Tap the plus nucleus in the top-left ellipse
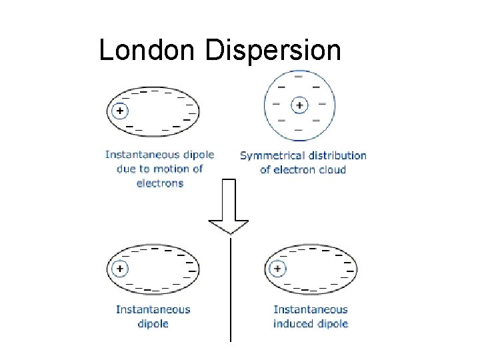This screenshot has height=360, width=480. pyautogui.click(x=120, y=110)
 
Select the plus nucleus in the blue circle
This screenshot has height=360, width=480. pyautogui.click(x=299, y=105)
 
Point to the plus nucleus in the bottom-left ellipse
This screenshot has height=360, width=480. pyautogui.click(x=120, y=269)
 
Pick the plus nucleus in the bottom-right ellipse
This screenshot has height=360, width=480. pyautogui.click(x=277, y=269)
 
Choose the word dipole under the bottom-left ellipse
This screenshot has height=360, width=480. pyautogui.click(x=153, y=323)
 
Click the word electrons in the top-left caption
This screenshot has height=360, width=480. pyautogui.click(x=159, y=183)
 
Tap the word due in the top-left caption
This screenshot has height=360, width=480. pyautogui.click(x=126, y=169)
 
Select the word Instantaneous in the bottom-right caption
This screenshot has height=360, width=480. pyautogui.click(x=311, y=309)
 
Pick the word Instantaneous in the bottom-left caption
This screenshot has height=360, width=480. pyautogui.click(x=153, y=309)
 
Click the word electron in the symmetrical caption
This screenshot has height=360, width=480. pyautogui.click(x=293, y=169)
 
